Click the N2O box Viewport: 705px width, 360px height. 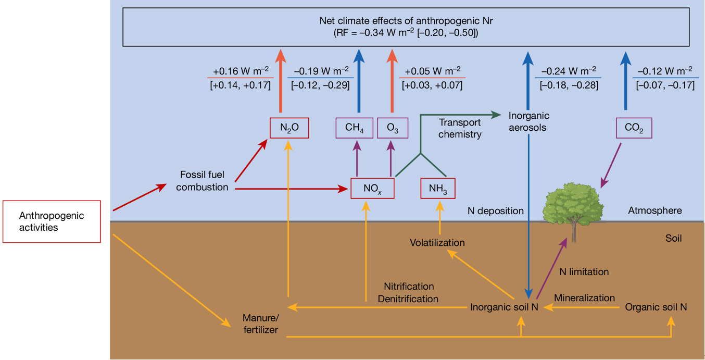click(x=289, y=128)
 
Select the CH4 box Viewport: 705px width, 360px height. click(x=354, y=128)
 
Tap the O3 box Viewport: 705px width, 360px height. click(x=393, y=128)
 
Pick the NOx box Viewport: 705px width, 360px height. click(x=372, y=188)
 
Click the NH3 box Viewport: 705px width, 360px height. click(x=438, y=188)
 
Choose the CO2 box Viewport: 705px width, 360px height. click(x=634, y=128)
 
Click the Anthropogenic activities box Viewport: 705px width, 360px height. click(x=52, y=221)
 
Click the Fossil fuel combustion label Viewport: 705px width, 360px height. click(x=202, y=180)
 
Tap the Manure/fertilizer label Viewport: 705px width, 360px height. click(x=261, y=324)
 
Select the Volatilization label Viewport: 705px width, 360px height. click(x=437, y=242)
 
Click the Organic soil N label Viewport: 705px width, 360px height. click(x=656, y=307)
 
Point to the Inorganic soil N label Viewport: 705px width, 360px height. click(x=504, y=307)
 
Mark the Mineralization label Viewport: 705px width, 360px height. click(x=584, y=298)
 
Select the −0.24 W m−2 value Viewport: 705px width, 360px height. click(x=569, y=71)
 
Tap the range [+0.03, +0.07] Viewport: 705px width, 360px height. click(x=432, y=85)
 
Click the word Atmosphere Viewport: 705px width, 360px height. click(x=654, y=210)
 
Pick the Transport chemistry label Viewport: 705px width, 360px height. click(x=460, y=128)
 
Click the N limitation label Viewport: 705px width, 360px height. click(x=584, y=271)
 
